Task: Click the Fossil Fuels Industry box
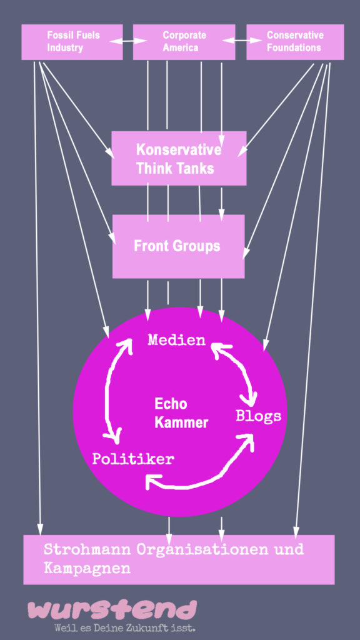(72, 42)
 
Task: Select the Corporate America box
(184, 42)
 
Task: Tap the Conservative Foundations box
(295, 42)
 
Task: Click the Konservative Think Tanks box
(179, 158)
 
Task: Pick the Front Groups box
(178, 246)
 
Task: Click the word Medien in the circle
(176, 340)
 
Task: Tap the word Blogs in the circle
(259, 416)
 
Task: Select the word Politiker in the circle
(133, 459)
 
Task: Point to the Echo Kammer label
(181, 413)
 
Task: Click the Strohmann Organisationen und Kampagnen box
(179, 559)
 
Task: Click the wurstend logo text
(112, 610)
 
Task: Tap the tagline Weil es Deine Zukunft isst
(125, 627)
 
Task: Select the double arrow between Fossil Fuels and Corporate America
(127, 41)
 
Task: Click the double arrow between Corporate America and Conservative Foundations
(242, 41)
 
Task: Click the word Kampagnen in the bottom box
(87, 569)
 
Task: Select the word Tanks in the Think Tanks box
(195, 168)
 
